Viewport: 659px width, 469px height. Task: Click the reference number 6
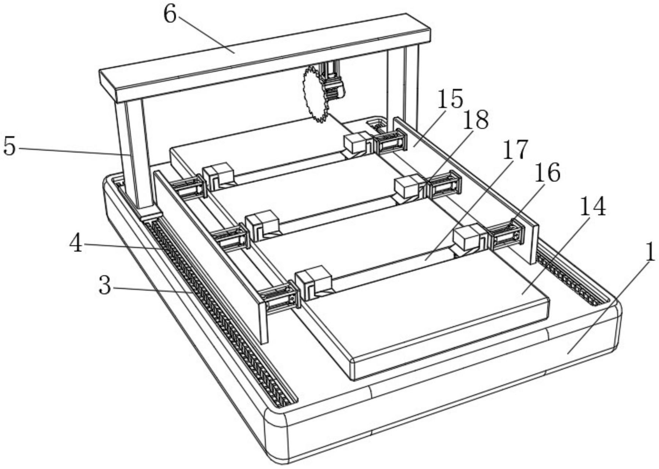[x=170, y=15]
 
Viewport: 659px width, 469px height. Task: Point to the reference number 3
[x=105, y=286]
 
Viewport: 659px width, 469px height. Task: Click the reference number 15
[x=450, y=99]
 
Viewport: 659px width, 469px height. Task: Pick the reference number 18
[x=475, y=120]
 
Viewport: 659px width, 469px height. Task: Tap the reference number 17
[x=515, y=149]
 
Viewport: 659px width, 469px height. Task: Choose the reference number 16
[x=547, y=173]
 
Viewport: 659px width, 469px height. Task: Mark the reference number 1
[x=650, y=252]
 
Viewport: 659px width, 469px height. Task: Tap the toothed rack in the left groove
[x=221, y=311]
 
